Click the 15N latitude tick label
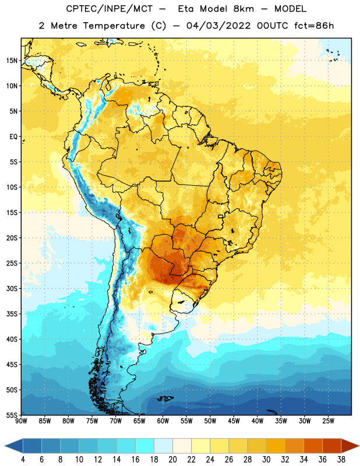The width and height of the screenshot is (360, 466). coord(12,61)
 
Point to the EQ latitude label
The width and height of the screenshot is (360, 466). coord(13,137)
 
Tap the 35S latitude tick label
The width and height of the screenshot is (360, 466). coord(12,314)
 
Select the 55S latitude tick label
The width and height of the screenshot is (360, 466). coord(12,415)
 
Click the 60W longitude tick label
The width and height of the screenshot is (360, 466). coord(163,421)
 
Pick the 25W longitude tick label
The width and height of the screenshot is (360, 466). coord(328,421)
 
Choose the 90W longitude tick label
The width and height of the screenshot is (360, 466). coord(21,421)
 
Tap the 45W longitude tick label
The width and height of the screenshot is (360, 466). coord(234,421)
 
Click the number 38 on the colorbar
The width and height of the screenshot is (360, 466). coord(341,460)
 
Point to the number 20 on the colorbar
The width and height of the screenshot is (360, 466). coord(172,460)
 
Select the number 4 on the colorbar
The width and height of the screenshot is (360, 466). coord(23,460)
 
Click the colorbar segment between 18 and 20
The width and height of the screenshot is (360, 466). coord(163,446)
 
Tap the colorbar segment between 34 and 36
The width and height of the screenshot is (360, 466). coord(313,446)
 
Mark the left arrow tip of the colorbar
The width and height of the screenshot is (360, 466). coord(5,446)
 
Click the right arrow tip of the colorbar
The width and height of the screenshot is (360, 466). coord(359,446)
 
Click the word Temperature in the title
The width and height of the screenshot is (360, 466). coord(114,26)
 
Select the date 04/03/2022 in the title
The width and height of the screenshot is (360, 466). coord(218,26)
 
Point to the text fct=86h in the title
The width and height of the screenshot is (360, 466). coord(314,26)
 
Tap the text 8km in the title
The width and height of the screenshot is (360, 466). coord(243,9)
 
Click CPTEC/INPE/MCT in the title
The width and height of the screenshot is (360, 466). coord(110,9)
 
